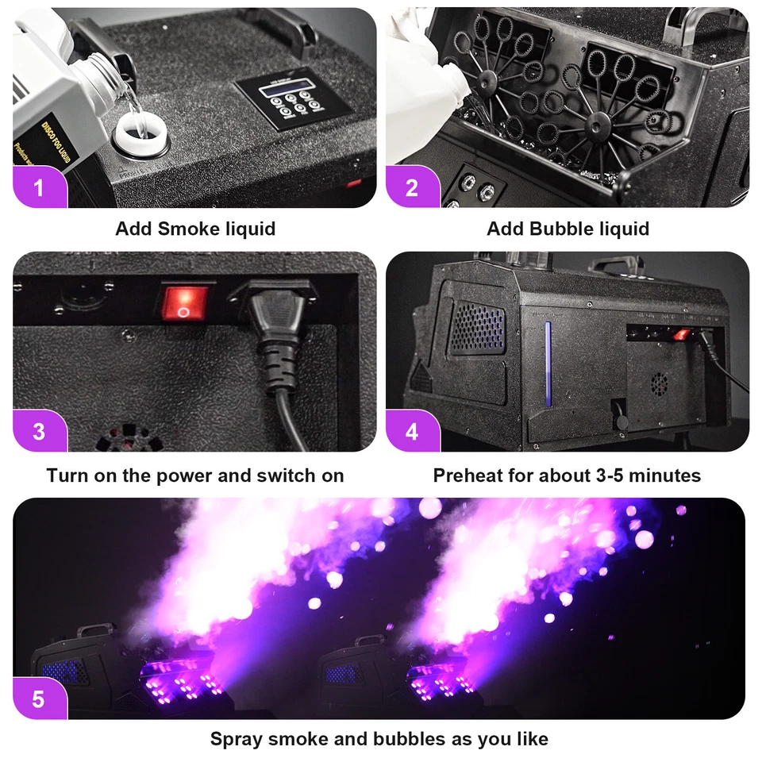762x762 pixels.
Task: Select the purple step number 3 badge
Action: coord(39,432)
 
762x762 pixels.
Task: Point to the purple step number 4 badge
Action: coord(411,432)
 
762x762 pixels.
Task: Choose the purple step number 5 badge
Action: coord(39,699)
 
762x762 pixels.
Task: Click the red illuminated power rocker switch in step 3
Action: coord(185,303)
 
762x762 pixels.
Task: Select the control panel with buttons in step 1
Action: coord(294,101)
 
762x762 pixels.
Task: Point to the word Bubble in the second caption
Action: coord(560,229)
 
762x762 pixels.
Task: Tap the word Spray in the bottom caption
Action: coord(237,740)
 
